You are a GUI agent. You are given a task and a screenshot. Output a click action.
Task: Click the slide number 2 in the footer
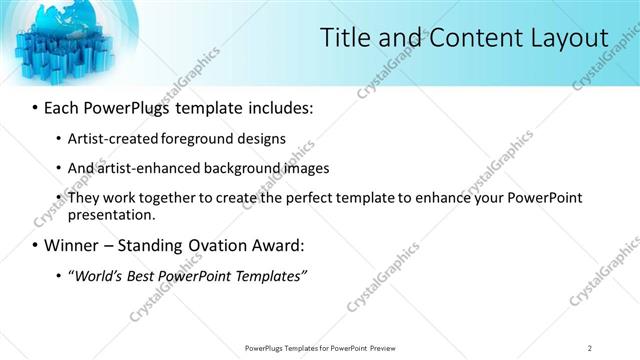click(x=590, y=348)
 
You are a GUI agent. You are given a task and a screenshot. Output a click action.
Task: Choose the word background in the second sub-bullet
click(x=237, y=168)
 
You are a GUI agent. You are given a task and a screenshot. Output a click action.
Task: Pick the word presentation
click(x=112, y=214)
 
